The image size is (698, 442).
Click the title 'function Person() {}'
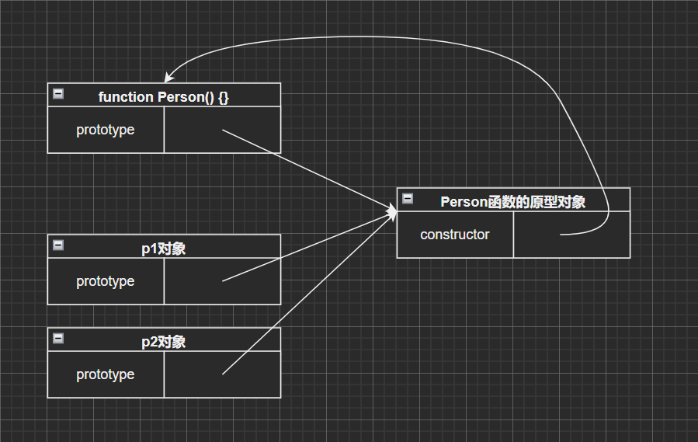click(164, 97)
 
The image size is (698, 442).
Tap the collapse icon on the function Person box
click(58, 94)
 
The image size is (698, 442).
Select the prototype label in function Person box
click(106, 130)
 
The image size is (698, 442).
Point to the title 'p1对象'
click(164, 249)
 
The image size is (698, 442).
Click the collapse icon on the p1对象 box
click(58, 245)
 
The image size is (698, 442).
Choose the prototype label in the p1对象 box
click(106, 281)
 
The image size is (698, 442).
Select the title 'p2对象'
click(164, 342)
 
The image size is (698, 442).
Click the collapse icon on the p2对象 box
click(58, 339)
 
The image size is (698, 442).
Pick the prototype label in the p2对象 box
click(106, 374)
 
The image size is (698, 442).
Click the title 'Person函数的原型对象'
click(512, 202)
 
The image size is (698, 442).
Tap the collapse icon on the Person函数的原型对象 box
click(408, 199)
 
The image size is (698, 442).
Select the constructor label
click(455, 235)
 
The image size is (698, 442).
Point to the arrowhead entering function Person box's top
click(168, 78)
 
